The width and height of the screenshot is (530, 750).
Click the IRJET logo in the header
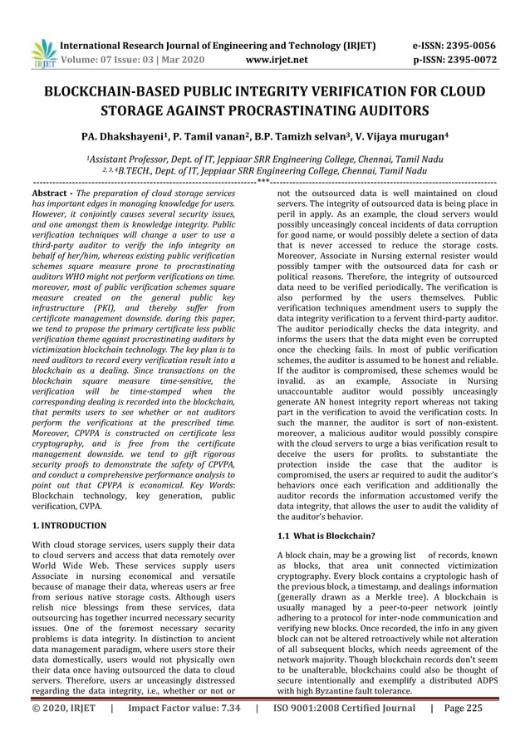pyautogui.click(x=41, y=51)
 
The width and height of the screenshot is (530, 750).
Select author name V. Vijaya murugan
pyautogui.click(x=401, y=136)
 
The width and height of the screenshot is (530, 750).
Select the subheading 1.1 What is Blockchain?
pyautogui.click(x=326, y=536)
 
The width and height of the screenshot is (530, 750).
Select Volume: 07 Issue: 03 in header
pyautogui.click(x=108, y=60)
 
